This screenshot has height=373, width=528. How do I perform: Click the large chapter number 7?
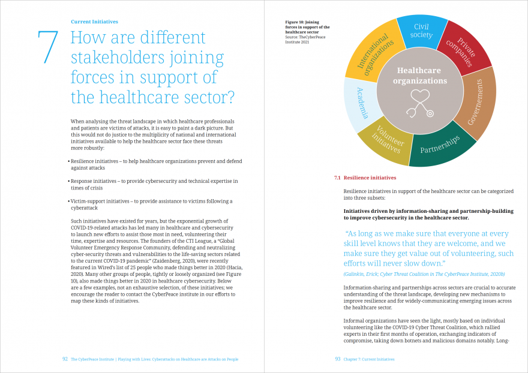point(48,47)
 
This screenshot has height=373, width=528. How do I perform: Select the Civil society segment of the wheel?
point(421,31)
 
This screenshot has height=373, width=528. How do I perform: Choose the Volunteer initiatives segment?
point(386,142)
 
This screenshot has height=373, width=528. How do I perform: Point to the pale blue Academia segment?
point(361,104)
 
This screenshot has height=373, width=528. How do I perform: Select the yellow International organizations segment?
point(374,51)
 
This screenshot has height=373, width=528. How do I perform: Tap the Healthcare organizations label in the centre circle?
point(419,76)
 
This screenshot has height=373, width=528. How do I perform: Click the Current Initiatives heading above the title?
point(94,22)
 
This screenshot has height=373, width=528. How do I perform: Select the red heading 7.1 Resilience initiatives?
point(365,178)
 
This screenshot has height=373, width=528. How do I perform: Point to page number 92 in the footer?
point(65,359)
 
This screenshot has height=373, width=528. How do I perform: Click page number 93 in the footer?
point(338,359)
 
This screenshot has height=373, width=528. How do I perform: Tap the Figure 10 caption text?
point(307,32)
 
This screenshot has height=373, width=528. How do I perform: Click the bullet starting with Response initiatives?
point(153,185)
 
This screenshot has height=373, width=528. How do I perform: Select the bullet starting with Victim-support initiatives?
point(150,204)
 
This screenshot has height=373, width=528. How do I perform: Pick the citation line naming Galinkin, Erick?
point(424,274)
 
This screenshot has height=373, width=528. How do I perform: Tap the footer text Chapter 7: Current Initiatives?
point(369,359)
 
